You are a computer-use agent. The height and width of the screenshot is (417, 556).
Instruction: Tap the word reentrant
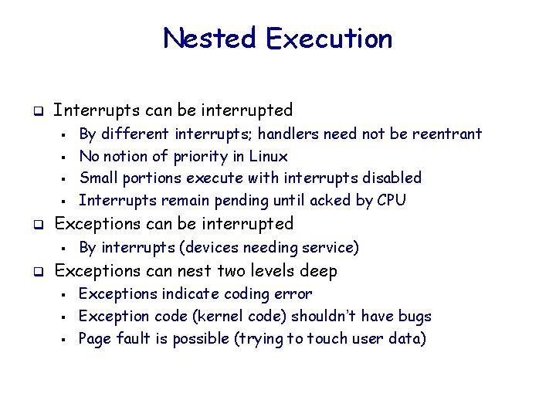coord(445,134)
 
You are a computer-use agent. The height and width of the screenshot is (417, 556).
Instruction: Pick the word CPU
coord(391,200)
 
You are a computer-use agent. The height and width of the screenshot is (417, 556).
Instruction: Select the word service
coord(329,247)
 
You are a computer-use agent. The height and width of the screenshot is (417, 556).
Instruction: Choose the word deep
coord(320,271)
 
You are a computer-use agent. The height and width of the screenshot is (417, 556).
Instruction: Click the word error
coord(294,293)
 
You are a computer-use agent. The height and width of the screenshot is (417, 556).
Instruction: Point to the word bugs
coord(414,316)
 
